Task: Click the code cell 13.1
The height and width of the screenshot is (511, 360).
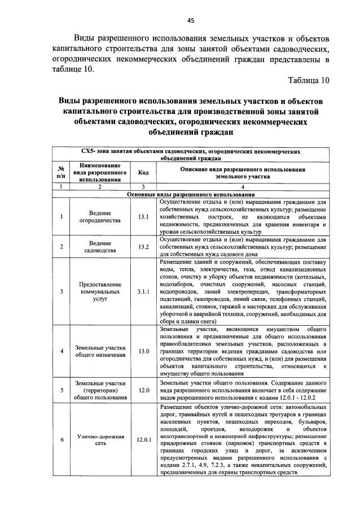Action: point(143,217)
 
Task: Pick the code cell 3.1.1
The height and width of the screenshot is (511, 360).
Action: point(143,292)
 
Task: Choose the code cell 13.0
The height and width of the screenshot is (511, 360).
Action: point(143,351)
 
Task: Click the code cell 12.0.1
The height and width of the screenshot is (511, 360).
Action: point(143,439)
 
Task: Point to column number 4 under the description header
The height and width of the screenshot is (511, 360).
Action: point(243,187)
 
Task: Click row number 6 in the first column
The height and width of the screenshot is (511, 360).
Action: point(61,439)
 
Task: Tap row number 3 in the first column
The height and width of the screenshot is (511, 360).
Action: point(61,292)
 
